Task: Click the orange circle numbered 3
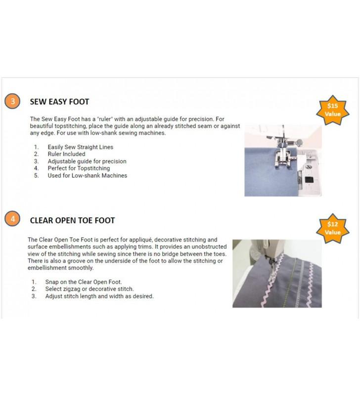(x=12, y=101)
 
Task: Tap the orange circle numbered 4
(x=12, y=218)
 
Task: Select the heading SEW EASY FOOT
(x=59, y=102)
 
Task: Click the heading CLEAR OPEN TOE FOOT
(x=72, y=220)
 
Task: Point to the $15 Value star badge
(x=333, y=110)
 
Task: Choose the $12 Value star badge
(x=333, y=228)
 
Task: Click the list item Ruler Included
(x=66, y=154)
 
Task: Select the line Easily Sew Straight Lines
(x=81, y=147)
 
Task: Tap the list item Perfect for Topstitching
(x=79, y=168)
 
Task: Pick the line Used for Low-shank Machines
(x=88, y=176)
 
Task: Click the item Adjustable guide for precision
(x=87, y=161)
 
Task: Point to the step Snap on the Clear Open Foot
(x=84, y=282)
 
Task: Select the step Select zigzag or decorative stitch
(x=90, y=289)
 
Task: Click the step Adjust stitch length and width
(x=99, y=296)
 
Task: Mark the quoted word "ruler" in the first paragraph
(x=105, y=119)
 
